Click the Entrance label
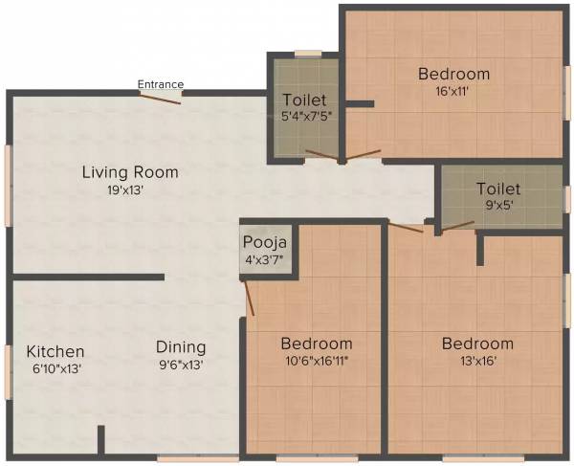coord(160,84)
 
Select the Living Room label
coord(129,172)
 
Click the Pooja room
coord(264,250)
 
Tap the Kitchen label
coord(55,351)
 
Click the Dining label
coord(181,347)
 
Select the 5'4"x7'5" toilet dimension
coord(304,116)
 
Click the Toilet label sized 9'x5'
coord(498,189)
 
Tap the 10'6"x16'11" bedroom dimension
coord(316,361)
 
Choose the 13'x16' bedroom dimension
coord(476,361)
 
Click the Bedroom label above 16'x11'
coord(453,74)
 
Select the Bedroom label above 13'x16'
coord(476,344)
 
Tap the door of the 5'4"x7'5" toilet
coord(320,154)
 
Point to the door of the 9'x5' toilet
coord(457,226)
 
